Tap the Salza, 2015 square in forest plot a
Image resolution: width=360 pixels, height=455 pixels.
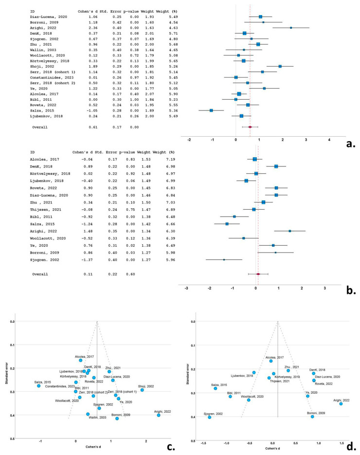pos(212,110)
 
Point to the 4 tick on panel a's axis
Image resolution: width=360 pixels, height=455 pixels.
pos(329,139)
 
